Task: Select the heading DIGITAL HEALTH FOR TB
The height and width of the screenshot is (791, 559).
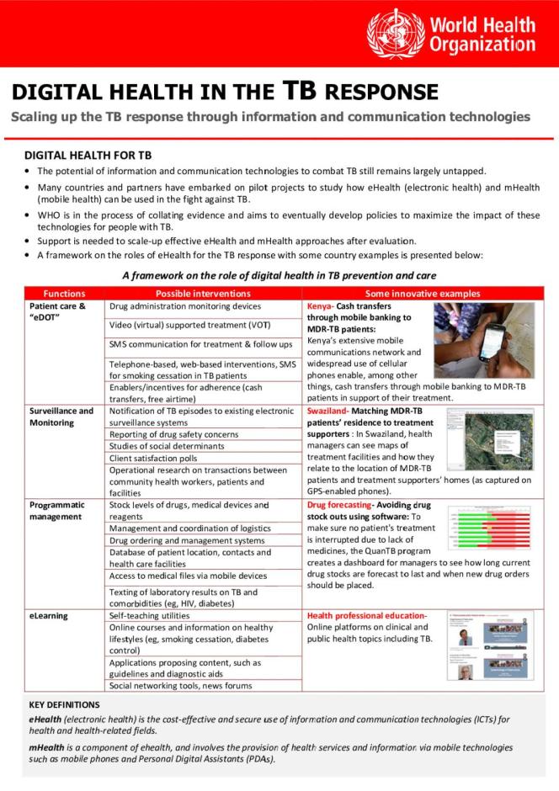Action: [x=88, y=156]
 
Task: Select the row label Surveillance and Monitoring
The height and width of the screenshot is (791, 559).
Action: [x=61, y=417]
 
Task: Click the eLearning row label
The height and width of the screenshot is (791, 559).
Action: [x=48, y=616]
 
